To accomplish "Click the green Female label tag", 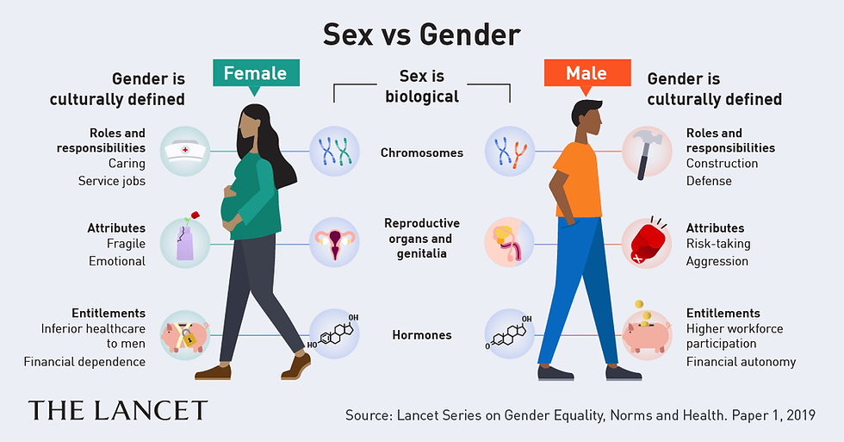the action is pos(256,73).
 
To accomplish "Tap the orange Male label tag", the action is pos(586,73).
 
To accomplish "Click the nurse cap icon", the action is pos(185,152).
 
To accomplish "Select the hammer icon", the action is pos(647,152).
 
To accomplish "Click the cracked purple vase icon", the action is pos(185,240).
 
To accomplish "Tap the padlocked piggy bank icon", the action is pos(185,335).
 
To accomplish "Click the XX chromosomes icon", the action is pos(334,152).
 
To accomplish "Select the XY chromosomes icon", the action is pos(510,152).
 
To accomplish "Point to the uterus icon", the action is pos(334,243).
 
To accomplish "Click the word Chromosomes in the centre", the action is pos(422,153).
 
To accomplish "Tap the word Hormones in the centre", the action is pos(422,335).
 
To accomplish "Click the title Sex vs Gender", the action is pos(421,35).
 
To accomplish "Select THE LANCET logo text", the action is pos(118,411).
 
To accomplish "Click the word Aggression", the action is pos(717,262).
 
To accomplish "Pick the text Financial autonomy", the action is pos(742,362).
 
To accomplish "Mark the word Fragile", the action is pos(126,244).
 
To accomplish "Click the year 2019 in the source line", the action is pos(801,415).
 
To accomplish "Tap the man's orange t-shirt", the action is pos(579,177).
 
